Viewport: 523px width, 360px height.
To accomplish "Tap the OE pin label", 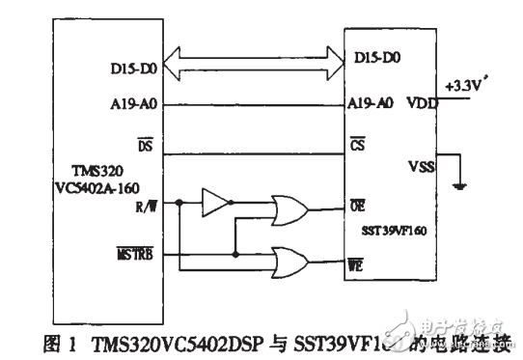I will tap(356, 206).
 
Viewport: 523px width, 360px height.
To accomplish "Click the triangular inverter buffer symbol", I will tap(216, 203).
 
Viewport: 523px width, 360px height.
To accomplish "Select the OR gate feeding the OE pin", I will tap(290, 206).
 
